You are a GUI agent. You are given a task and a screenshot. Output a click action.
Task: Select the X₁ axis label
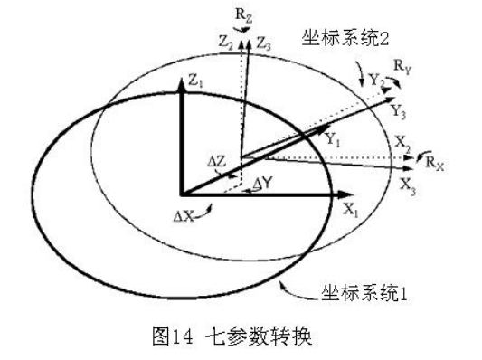(353, 207)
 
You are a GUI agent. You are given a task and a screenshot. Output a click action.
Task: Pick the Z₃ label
(263, 42)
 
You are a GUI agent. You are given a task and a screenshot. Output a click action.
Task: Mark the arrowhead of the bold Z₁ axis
(182, 77)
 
